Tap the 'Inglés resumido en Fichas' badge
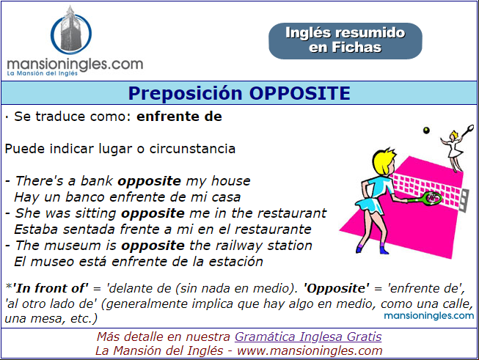coord(345,40)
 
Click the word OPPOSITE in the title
coord(300,93)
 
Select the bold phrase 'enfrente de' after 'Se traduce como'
coord(179,117)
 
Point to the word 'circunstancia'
coord(192,149)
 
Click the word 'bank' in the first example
coord(97,181)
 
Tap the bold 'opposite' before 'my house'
coord(150,181)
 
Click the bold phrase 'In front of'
coord(51,288)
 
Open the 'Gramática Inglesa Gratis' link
coord(308,337)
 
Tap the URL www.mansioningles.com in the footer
coord(310,350)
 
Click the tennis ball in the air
coord(426,131)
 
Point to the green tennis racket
coord(425,198)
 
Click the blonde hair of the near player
coord(384,161)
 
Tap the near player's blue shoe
coord(384,250)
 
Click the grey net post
coord(464,200)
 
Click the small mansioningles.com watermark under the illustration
coord(429,315)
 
